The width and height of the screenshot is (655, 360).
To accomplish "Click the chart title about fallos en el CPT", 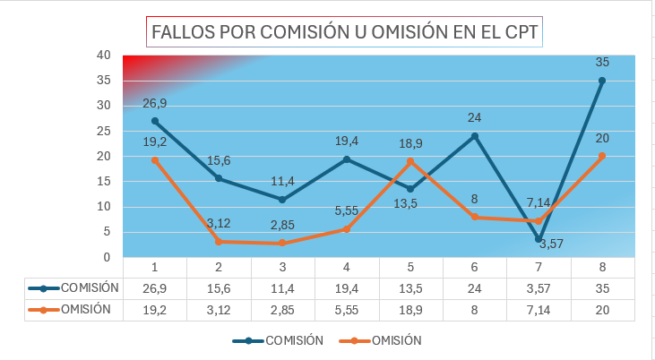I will coord(345,32).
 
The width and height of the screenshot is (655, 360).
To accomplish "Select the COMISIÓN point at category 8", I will coord(602,81).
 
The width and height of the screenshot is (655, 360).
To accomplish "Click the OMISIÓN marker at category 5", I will coord(410,161).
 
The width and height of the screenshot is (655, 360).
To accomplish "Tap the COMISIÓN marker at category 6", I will coord(475,136).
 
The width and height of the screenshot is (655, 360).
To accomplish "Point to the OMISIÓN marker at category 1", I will coord(155,160).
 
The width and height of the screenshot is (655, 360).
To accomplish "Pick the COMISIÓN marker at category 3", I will coord(282,199).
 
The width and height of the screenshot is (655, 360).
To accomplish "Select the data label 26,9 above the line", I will coord(155,103).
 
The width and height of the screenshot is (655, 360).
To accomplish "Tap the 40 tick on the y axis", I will coord(103,55).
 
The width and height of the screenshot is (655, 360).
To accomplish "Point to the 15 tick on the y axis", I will coord(103,181).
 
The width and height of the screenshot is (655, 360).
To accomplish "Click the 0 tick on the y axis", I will coord(107,257).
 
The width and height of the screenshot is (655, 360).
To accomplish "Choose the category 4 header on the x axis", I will coord(347,267).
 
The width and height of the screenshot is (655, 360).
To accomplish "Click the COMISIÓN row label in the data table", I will coord(89,287).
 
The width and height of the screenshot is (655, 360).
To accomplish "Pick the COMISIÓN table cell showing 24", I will coord(475,288).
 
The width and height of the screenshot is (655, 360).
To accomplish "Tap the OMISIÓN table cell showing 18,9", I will coord(410,310).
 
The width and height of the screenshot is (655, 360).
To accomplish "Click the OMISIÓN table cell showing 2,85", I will coord(282,310).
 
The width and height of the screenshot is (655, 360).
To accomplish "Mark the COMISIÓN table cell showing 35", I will coord(602,288).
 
